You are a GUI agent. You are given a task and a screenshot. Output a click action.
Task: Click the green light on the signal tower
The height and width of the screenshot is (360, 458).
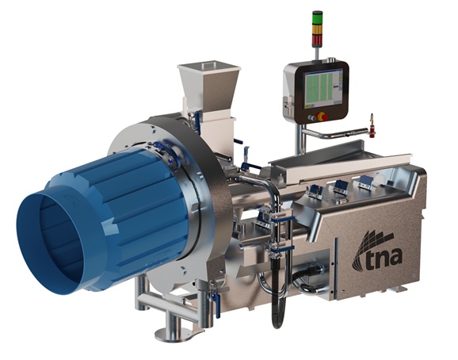coord(317,18)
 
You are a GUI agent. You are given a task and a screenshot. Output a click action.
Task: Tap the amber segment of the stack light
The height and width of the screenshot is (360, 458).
coord(317,30)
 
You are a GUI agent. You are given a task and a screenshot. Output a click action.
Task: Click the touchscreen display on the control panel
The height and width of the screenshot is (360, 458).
coord(323,88)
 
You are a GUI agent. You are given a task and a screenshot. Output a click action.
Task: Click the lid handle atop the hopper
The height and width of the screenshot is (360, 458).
coord(208,64)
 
